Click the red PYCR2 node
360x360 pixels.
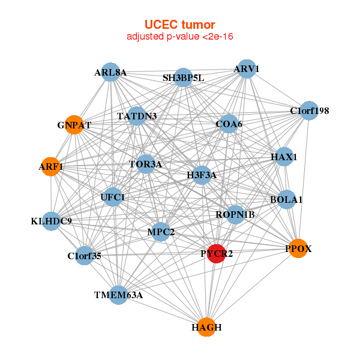[216, 254]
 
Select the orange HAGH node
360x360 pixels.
[206, 327]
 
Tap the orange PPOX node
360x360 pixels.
[298, 248]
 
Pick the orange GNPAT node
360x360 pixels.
[74, 125]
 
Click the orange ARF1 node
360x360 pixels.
[51, 166]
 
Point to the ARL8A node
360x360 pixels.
[110, 73]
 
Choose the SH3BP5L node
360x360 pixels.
[184, 77]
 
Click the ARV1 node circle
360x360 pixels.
[247, 69]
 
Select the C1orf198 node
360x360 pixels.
[309, 110]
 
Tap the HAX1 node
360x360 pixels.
[284, 157]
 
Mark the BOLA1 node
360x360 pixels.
[287, 199]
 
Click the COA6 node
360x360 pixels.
[229, 124]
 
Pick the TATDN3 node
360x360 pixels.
[137, 116]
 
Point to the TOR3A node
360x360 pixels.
[146, 163]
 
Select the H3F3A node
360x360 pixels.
[202, 175]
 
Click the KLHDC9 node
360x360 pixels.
[52, 221]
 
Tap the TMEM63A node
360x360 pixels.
[119, 295]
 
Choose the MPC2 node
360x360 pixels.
[161, 232]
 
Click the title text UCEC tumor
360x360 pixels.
[180, 25]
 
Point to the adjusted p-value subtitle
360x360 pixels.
[180, 37]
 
